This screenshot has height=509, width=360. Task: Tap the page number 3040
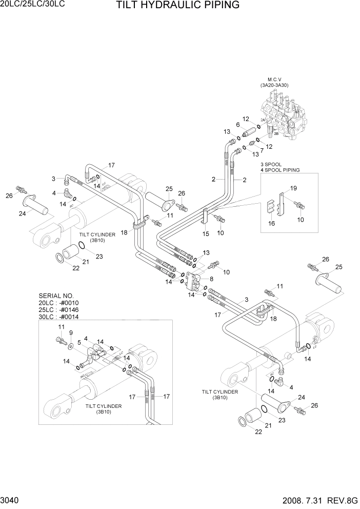point(11,499)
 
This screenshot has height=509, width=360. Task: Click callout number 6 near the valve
point(238,125)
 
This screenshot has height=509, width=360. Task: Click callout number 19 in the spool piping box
point(294,188)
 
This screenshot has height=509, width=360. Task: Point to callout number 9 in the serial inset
point(71,333)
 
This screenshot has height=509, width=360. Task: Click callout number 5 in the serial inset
point(78,342)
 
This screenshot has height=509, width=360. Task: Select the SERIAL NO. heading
point(56,296)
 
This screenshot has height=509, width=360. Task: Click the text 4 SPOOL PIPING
point(280,170)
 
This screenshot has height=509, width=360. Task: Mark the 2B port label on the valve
point(276,134)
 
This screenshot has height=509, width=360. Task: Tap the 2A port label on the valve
point(263,120)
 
